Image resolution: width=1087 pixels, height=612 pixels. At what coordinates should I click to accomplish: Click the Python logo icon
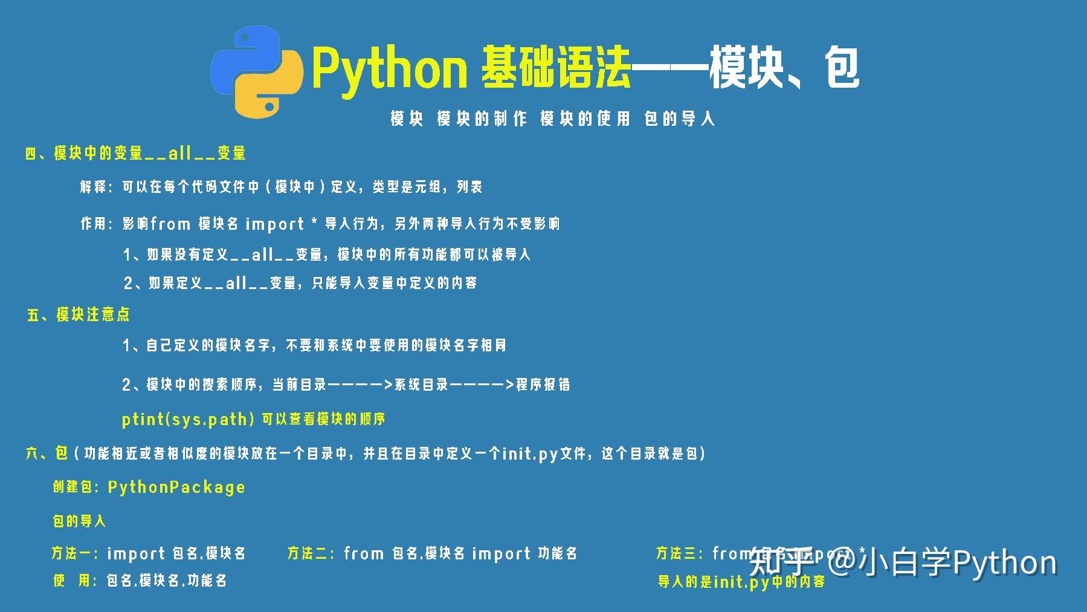[257, 72]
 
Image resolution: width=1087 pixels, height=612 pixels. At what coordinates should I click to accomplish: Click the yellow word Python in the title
[390, 70]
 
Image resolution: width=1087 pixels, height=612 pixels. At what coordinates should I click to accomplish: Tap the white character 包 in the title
[842, 68]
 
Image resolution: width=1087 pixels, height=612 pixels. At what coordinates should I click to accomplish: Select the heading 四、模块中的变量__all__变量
[135, 153]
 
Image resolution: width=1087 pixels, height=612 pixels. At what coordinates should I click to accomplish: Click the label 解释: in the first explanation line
[96, 187]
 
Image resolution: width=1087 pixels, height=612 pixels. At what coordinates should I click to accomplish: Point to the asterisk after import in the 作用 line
[314, 223]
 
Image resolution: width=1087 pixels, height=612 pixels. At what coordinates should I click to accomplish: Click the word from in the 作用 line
[170, 224]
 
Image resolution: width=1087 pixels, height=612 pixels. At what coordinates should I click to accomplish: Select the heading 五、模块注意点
[79, 314]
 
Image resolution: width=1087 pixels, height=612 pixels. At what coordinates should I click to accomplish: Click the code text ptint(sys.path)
[188, 419]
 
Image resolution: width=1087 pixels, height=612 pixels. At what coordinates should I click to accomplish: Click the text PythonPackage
[176, 487]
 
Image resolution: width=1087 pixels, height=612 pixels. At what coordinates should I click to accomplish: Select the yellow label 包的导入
[79, 521]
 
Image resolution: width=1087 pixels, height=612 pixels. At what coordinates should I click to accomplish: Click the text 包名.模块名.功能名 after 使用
[167, 581]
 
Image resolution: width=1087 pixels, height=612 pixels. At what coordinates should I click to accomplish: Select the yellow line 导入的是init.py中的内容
[741, 582]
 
